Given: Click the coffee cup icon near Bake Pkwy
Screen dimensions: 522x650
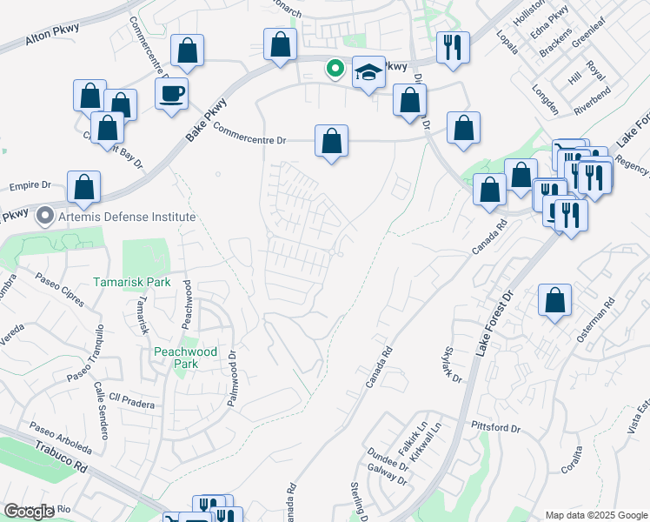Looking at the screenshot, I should coord(171,92).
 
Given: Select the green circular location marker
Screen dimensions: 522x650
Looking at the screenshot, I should coord(334,67).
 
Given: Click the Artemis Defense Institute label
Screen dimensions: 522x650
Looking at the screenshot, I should coord(127,217).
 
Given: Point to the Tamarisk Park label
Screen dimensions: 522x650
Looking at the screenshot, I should coord(133,282).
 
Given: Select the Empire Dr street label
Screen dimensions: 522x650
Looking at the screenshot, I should coord(30,185).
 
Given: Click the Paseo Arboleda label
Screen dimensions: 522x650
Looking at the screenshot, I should coord(60,438).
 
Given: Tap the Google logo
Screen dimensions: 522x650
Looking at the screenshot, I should coord(29,512).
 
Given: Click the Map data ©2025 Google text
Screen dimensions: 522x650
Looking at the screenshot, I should coord(595,515).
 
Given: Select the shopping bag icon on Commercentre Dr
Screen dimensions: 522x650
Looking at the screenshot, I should coord(331,140).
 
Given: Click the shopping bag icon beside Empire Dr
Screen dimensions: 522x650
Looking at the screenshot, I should coord(83,186).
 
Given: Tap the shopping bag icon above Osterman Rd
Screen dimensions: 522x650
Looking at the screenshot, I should coord(554,300).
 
